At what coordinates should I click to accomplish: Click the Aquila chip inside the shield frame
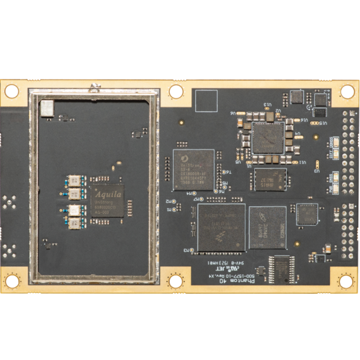coord(107,201)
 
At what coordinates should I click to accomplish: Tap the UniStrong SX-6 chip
coord(193,169)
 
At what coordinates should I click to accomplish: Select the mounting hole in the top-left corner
coord(11,91)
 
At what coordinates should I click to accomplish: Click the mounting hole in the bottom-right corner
coord(346,281)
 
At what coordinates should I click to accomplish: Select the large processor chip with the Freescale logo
coord(221,228)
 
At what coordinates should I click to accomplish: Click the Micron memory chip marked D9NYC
coord(268,228)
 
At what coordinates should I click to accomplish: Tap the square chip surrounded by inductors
coord(268,138)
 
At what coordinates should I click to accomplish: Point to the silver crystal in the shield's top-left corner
coord(46,108)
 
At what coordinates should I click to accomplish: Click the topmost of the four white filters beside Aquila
coord(75,180)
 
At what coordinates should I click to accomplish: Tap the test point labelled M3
coord(192,250)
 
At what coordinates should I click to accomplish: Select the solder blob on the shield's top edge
coord(94,87)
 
